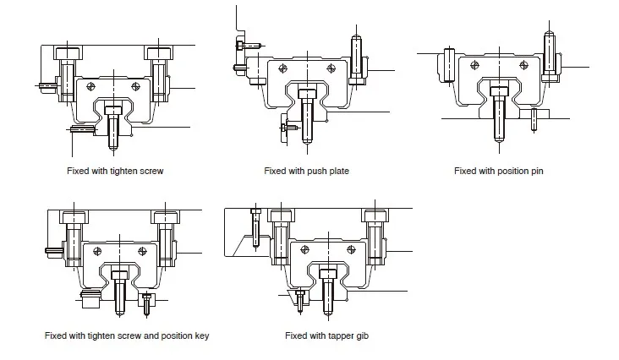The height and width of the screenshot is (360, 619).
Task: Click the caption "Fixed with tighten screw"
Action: pos(114,170)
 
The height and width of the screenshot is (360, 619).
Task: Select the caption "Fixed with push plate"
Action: pos(306,170)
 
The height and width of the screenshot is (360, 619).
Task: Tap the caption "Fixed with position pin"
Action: pos(499,170)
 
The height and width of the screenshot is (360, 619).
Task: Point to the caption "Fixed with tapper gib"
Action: pos(326,335)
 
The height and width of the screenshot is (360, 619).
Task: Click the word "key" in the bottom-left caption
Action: pos(201,335)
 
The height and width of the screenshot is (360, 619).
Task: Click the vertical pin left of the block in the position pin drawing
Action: pos(446,64)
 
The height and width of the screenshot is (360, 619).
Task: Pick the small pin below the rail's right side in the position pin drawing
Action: pos(533,120)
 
